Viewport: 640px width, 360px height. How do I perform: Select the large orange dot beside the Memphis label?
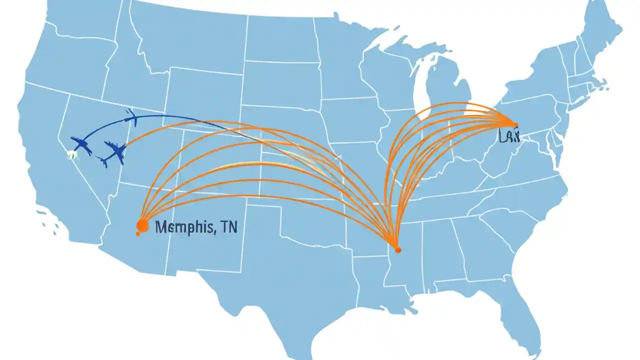[142, 226]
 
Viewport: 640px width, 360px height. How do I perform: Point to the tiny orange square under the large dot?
[138, 233]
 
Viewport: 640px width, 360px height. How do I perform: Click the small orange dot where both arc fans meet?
[397, 248]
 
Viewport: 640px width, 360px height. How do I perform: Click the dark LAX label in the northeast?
[509, 136]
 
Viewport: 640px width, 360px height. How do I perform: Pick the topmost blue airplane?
[131, 117]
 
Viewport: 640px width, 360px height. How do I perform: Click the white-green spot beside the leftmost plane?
[71, 155]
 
